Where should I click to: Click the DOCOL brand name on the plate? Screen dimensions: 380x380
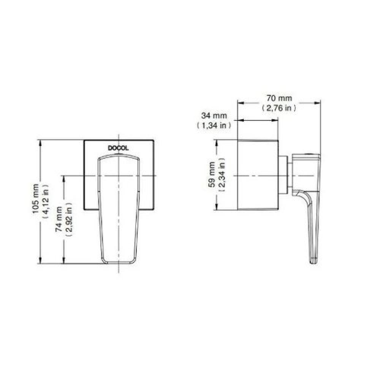point(119,149)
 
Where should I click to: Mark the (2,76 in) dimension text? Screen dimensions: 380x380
point(279,108)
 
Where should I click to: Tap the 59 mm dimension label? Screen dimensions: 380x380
point(212,174)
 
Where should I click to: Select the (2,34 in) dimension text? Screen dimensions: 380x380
point(222,174)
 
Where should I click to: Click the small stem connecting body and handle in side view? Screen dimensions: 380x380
point(285,176)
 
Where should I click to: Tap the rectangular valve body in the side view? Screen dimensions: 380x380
point(258,175)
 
